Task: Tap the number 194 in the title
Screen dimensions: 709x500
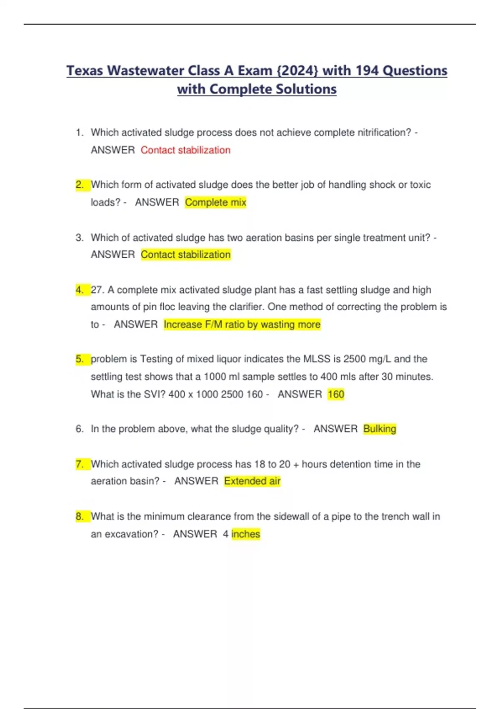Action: click(x=367, y=70)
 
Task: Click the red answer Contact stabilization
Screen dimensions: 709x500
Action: click(x=185, y=150)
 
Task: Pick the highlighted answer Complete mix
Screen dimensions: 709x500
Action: click(x=215, y=202)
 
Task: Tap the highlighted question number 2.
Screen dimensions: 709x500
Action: click(x=80, y=185)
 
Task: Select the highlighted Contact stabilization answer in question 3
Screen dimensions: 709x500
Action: click(x=185, y=254)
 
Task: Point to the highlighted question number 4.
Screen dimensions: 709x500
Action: click(x=80, y=290)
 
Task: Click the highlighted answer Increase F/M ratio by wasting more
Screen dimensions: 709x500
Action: click(x=242, y=324)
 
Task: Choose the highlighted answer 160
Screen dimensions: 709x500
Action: click(x=336, y=394)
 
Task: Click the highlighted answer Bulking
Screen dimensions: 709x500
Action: click(x=380, y=429)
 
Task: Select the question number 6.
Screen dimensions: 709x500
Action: click(x=80, y=429)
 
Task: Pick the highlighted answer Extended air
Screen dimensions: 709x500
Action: click(x=252, y=481)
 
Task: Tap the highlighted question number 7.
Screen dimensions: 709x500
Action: click(x=80, y=464)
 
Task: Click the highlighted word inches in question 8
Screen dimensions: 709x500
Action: click(x=246, y=534)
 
